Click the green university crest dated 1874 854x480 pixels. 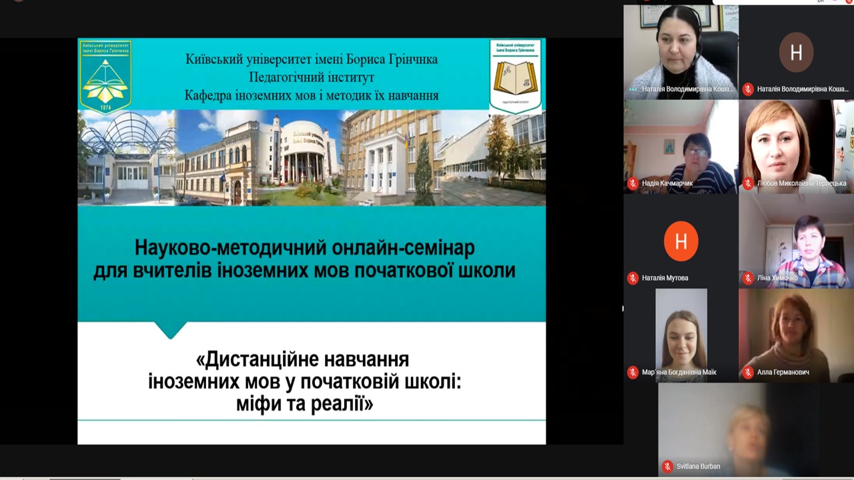coord(105,75)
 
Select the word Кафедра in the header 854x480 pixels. coord(208,95)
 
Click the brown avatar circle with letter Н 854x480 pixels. coord(796,52)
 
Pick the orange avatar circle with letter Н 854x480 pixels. coord(681,241)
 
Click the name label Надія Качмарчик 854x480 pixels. coord(667,183)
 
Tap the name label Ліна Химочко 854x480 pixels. coord(777,278)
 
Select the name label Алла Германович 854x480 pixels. coord(783,373)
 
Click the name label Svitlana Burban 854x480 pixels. coord(698,467)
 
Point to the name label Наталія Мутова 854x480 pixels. coord(665,278)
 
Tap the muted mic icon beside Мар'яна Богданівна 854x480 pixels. coord(632,373)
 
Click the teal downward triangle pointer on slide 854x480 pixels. coord(170,330)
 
